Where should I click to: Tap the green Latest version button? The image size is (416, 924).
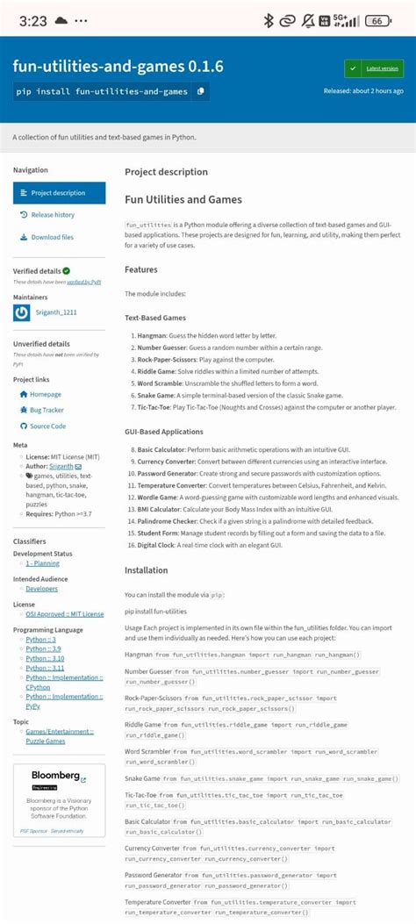(374, 68)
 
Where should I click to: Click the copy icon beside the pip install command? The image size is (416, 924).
(201, 90)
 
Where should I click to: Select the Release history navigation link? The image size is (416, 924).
(53, 215)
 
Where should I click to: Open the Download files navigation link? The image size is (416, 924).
(52, 237)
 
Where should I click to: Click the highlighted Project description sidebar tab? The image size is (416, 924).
(59, 193)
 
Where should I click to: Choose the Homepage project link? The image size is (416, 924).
(46, 395)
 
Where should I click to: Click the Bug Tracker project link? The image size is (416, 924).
(47, 410)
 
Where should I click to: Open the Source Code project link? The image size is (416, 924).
(47, 426)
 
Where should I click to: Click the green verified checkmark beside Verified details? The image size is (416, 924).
(67, 272)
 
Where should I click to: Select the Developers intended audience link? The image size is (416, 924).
(41, 589)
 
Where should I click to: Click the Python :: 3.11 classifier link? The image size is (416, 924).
(46, 668)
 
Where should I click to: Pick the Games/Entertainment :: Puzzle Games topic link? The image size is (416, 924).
(59, 736)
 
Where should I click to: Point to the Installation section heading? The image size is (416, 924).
(146, 569)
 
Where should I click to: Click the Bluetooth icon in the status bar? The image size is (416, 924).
(269, 21)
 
